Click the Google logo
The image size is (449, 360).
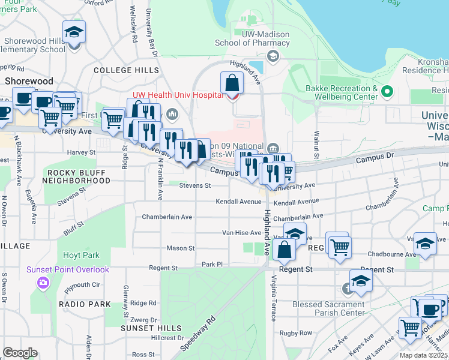point(20,353)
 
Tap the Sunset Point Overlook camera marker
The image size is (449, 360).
point(43,283)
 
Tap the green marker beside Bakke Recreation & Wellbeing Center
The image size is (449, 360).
point(387,92)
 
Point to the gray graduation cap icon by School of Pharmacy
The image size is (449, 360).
point(273,56)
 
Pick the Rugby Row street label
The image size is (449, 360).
point(298,333)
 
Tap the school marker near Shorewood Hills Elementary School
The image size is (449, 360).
point(74,32)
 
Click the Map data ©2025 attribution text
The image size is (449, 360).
point(423,355)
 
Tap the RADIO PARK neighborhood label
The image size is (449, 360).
point(85,304)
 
